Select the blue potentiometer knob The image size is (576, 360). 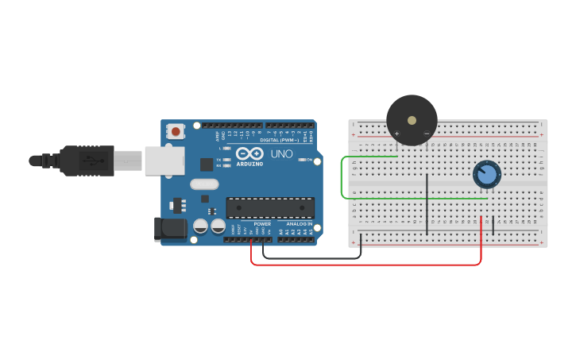click(486, 175)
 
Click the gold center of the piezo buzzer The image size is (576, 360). click(412, 120)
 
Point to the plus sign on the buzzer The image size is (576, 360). click(396, 134)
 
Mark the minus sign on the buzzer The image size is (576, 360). click(427, 134)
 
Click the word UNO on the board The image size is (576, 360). click(282, 153)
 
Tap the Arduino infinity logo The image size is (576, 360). click(249, 154)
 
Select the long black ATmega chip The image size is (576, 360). click(270, 207)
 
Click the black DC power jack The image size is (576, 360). click(170, 230)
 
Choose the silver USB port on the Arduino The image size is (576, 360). click(164, 160)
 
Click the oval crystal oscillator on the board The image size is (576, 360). click(204, 184)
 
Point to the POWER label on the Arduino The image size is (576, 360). click(262, 224)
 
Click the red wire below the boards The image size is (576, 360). click(365, 265)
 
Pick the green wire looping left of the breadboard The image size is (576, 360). click(342, 179)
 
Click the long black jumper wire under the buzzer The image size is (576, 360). click(427, 203)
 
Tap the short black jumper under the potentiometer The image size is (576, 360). click(493, 225)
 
